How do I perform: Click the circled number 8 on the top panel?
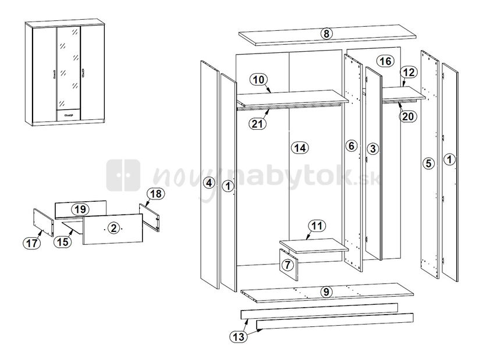(326, 33)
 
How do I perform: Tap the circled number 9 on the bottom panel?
(326, 291)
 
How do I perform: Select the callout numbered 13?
(239, 337)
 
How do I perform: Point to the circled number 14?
(300, 148)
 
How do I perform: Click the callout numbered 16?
(385, 61)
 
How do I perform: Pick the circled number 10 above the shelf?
(259, 80)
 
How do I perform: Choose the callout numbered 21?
(257, 124)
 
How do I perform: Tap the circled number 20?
(408, 116)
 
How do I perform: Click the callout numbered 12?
(409, 72)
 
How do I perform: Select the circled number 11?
(317, 226)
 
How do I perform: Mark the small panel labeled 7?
(289, 265)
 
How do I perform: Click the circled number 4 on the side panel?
(209, 183)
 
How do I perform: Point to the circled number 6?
(351, 145)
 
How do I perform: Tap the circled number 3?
(373, 149)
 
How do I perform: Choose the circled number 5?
(428, 163)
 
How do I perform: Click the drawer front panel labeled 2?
(113, 229)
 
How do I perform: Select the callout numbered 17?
(31, 244)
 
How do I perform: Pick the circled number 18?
(155, 194)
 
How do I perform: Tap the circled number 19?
(80, 209)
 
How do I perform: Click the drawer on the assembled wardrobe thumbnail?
(69, 115)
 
